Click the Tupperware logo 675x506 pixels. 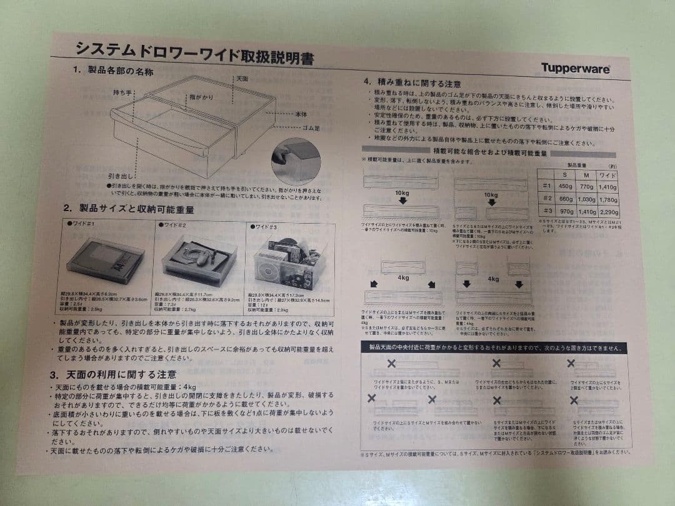[575, 69]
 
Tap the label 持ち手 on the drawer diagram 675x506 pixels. [124, 92]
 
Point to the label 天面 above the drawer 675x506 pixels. [242, 79]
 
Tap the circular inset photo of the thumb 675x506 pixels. [296, 161]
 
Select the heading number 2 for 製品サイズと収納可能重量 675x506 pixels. [66, 208]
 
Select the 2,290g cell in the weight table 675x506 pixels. [607, 212]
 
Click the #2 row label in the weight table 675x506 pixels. [546, 199]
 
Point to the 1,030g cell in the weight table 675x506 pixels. [586, 199]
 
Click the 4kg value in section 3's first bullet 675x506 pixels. [187, 387]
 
